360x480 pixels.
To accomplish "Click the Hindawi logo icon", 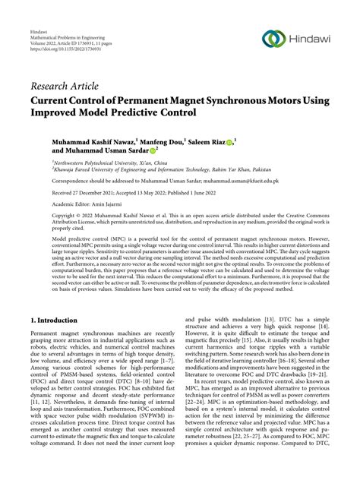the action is pos(273,39).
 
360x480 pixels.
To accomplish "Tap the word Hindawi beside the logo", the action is pos(311,40).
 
